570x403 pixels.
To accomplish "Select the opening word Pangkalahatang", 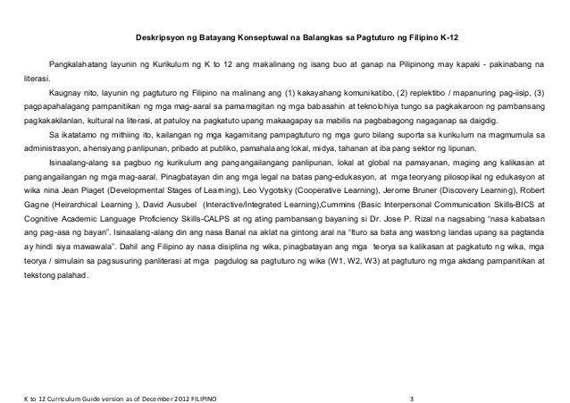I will click(80, 66).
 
